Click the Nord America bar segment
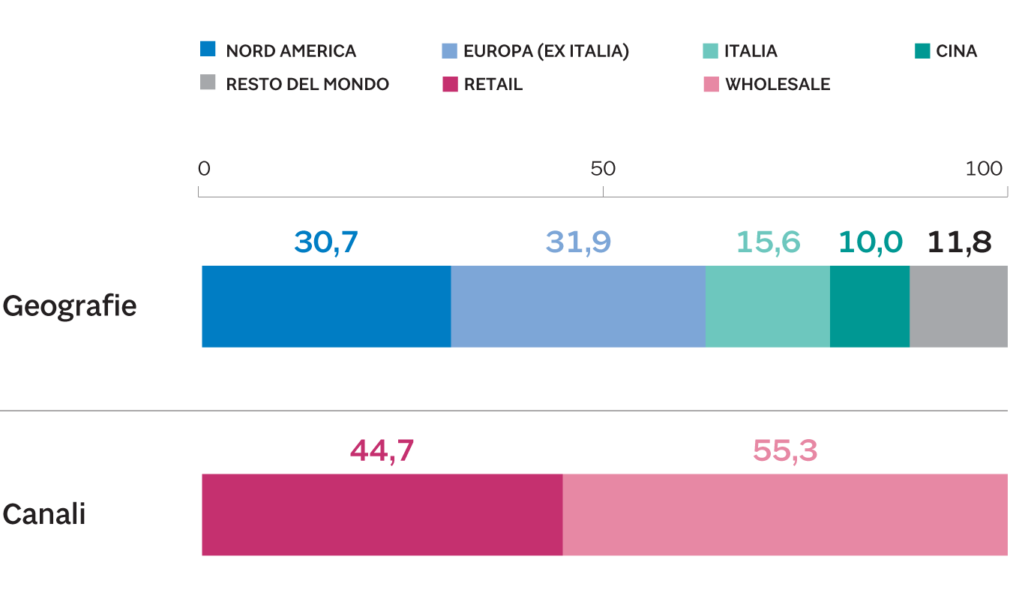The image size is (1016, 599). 326,306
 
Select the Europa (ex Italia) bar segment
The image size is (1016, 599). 578,306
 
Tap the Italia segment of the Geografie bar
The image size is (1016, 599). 768,306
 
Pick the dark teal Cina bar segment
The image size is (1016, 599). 870,306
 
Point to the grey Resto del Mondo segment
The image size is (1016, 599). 958,306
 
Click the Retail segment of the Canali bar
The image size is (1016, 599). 382,515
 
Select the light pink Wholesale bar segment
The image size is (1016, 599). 785,515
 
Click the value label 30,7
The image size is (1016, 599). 327,242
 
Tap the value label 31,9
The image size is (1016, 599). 578,242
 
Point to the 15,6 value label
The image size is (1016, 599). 768,242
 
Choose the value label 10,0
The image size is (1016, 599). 870,242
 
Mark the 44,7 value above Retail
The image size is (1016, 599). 382,450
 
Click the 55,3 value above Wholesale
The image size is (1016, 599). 785,450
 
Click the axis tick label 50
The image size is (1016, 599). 603,169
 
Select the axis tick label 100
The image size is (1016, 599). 984,169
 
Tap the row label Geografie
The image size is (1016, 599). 69,306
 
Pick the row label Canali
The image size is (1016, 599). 43,515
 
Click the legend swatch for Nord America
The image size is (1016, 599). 208,50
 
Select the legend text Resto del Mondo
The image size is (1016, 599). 307,84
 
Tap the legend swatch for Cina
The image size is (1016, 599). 922,50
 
